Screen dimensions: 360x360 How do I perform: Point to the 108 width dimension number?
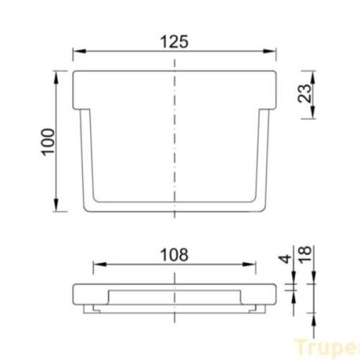174,254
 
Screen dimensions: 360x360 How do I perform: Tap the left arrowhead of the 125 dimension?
78,54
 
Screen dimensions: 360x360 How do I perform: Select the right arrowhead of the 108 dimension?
251,264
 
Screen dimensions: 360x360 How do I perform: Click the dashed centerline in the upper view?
174,142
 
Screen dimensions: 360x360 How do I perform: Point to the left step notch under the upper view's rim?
79,110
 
